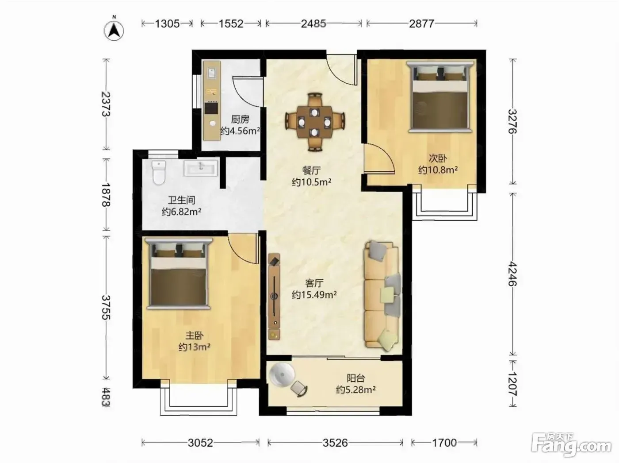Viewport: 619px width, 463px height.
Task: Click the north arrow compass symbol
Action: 114,30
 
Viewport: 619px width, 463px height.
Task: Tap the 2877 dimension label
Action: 421,24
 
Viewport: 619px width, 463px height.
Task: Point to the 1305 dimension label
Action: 167,24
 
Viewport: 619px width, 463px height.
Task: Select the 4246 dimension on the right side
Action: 512,274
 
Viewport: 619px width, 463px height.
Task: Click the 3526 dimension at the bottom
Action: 335,443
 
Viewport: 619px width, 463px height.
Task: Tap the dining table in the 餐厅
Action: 314,123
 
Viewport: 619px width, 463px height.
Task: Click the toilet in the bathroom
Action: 159,172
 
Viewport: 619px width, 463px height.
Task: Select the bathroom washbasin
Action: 201,168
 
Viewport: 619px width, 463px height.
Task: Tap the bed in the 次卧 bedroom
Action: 440,96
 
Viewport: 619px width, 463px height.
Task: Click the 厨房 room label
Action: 240,120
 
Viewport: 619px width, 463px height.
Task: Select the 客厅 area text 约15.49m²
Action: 314,295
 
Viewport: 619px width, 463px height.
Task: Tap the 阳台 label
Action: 355,378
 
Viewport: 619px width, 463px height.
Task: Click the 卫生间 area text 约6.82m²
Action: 181,212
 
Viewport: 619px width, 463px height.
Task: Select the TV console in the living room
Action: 274,297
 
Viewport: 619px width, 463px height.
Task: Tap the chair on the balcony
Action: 299,389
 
